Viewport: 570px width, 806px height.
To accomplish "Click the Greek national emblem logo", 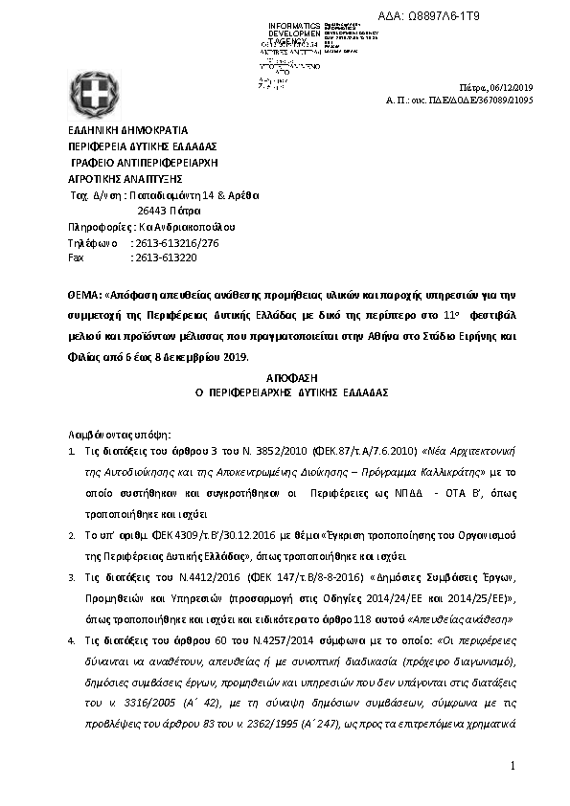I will [x=94, y=95].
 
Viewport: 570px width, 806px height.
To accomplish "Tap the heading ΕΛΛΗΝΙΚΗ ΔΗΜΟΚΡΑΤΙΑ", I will [x=127, y=130].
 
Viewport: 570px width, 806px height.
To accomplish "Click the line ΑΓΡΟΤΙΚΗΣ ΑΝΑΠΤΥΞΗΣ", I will [x=125, y=178].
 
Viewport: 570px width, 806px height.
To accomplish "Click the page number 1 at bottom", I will [x=513, y=766].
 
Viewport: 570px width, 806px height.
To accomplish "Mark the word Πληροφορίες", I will [x=94, y=226].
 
